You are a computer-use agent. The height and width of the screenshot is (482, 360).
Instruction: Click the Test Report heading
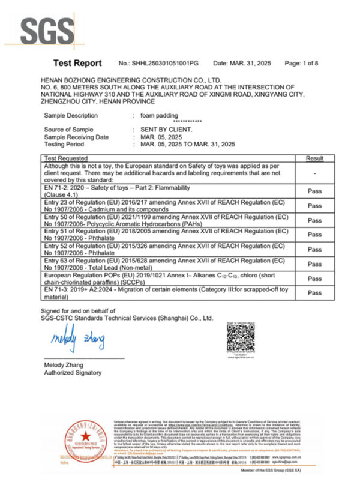coord(77,63)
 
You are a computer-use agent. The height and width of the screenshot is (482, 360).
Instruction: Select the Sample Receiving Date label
coord(76,137)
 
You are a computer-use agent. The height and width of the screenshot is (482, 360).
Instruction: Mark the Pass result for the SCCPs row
coord(314,279)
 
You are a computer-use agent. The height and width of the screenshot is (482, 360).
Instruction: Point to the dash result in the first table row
coord(314,173)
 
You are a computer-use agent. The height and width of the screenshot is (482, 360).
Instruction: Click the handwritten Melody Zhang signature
coord(78,340)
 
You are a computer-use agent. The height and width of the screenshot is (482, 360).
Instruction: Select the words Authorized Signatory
coord(73,373)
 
